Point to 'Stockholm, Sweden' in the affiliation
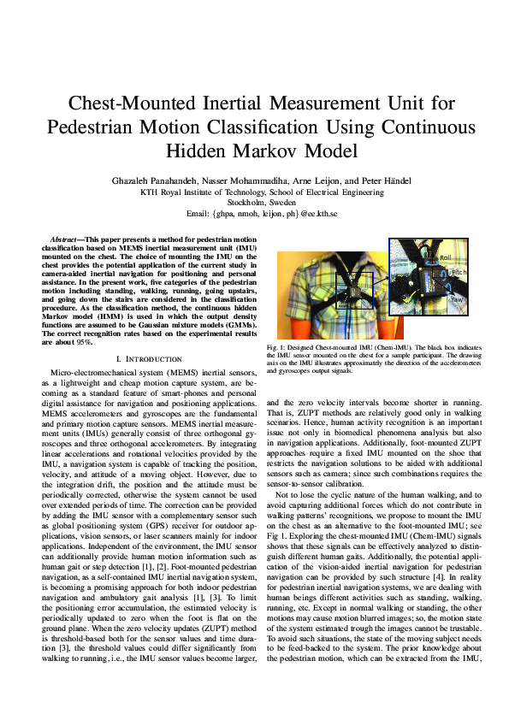tap(254, 202)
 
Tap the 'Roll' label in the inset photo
tap(445, 257)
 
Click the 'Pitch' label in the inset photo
tap(459, 272)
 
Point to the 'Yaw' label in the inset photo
tap(458, 299)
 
